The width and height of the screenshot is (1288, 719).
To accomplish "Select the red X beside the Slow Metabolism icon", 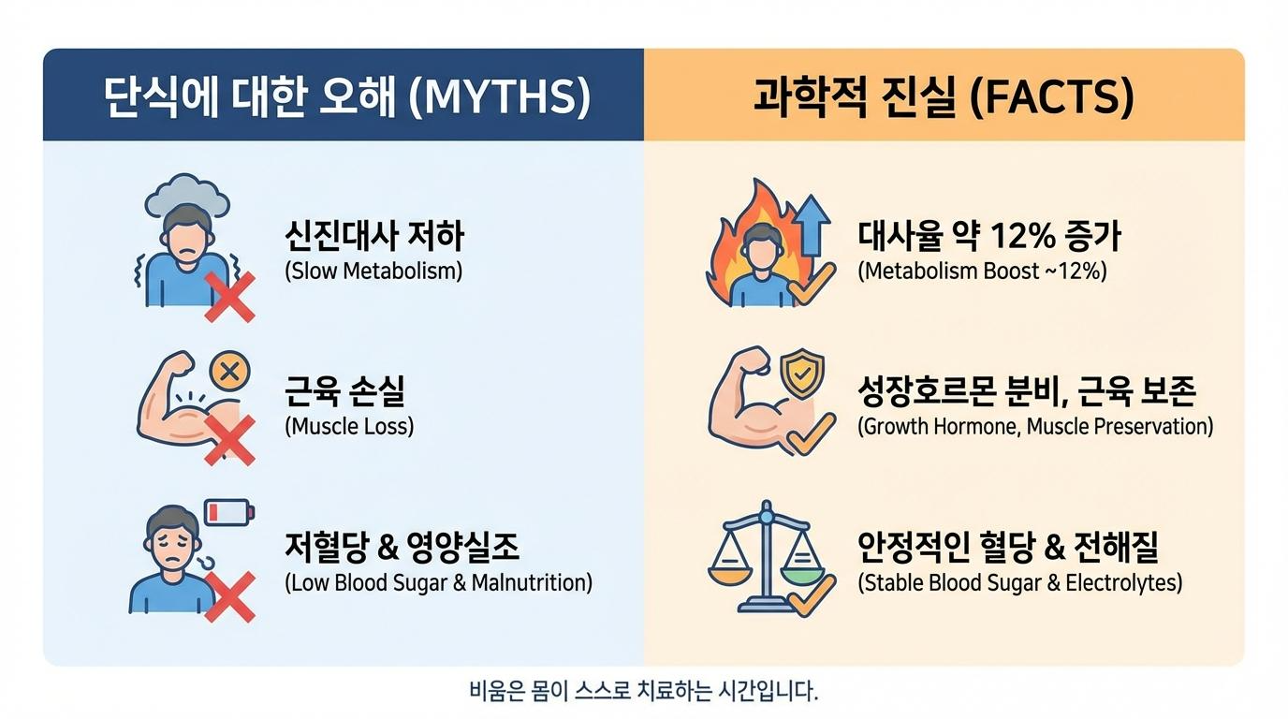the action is coord(229,297).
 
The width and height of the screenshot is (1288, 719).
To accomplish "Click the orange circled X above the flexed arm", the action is coord(229,371).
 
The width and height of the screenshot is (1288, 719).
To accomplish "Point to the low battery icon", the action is coord(229,511).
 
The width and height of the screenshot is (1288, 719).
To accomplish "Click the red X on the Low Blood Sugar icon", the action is coord(229,596).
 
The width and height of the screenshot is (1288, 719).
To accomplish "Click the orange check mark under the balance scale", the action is coord(812,596).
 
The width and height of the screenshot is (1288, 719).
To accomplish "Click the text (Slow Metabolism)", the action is coord(373,271).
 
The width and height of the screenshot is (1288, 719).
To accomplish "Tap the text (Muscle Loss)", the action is coord(349,426).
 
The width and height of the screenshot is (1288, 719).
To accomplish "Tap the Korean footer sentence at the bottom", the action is coord(643,691).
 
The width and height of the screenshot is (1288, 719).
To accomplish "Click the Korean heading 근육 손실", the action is coord(345,390).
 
